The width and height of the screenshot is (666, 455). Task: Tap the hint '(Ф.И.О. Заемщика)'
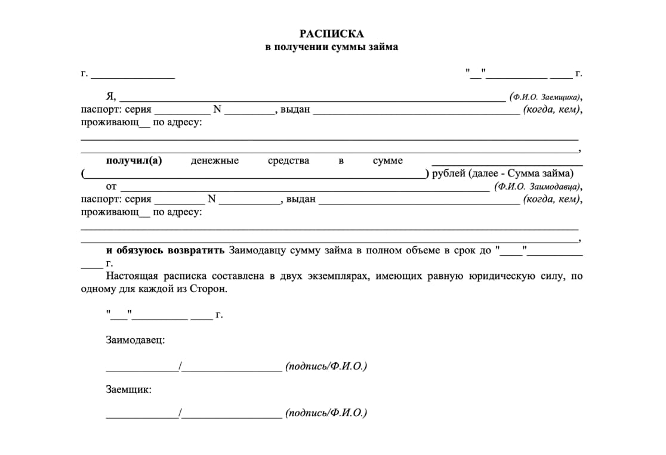tap(545, 97)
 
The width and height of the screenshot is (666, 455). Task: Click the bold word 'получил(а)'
tap(134, 160)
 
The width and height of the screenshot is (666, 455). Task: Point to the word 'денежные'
tap(215, 160)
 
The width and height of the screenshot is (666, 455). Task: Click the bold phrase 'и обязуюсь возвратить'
tap(165, 250)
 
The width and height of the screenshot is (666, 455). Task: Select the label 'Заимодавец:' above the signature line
tap(135, 340)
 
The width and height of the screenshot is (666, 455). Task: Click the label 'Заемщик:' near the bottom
tap(128, 389)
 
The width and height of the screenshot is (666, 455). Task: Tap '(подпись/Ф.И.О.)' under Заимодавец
tap(326, 366)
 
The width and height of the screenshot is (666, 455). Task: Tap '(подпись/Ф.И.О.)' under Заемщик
tap(326, 412)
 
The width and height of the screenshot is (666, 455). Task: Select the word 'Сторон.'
tap(208, 289)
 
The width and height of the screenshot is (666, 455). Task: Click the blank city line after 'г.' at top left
tap(132, 76)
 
